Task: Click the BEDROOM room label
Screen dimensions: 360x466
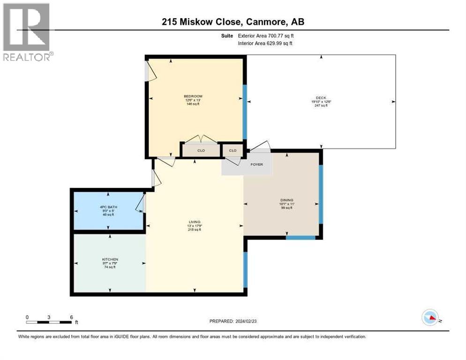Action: [x=193, y=96]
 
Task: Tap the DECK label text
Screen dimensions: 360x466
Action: [x=321, y=97]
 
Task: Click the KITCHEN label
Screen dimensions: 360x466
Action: [x=110, y=259]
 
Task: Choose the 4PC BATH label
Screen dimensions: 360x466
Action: [x=107, y=207]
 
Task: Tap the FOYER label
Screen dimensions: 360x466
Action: [x=256, y=165]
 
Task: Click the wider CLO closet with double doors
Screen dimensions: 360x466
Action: [x=201, y=150]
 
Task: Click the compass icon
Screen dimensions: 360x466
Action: [x=430, y=318]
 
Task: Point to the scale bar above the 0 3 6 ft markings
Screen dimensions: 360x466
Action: [x=49, y=322]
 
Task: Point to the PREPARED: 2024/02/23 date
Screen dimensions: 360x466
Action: [x=233, y=321]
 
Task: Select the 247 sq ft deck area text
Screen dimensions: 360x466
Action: [x=321, y=105]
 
